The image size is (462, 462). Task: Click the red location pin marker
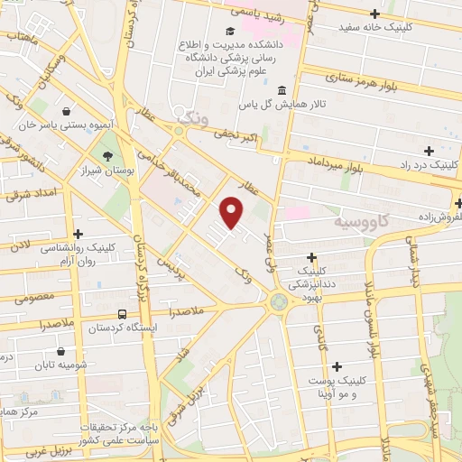(232, 211)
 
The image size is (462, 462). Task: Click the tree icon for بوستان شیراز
(108, 157)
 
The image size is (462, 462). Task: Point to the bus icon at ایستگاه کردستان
(122, 315)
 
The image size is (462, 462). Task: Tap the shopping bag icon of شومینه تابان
(60, 352)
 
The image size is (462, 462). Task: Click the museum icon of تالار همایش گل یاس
(282, 91)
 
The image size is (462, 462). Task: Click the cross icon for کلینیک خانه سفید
(375, 13)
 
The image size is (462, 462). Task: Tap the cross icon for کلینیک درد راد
(429, 150)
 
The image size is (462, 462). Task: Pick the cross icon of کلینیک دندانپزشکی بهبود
(312, 257)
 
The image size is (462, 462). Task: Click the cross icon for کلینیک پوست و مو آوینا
(337, 366)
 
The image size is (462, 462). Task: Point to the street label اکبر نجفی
(236, 136)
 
